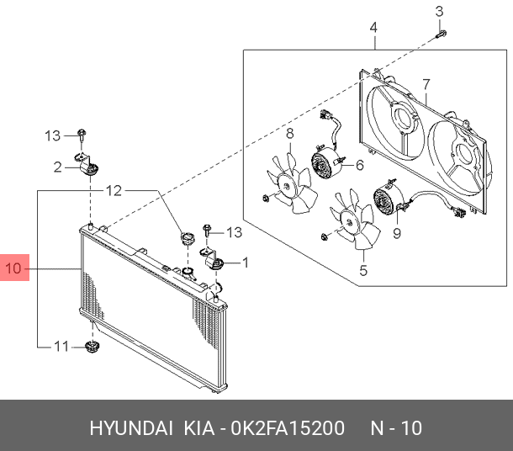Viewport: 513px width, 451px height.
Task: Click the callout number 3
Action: pos(438,11)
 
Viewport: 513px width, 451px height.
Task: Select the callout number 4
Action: pos(373,28)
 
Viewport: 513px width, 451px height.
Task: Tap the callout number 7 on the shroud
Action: pos(426,85)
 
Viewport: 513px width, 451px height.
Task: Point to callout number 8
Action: pos(288,133)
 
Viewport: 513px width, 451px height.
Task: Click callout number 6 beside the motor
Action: pos(359,165)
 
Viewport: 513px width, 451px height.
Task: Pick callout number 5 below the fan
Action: pos(363,270)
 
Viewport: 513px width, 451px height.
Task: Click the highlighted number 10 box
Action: pos(15,269)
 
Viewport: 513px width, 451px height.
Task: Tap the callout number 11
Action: pos(60,346)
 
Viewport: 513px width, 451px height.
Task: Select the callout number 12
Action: pos(113,191)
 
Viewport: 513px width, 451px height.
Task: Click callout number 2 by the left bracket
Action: pos(58,167)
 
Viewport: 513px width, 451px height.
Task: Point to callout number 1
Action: pos(246,263)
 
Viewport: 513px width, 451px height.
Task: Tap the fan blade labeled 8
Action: pos(288,183)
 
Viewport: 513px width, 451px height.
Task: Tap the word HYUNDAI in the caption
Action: pos(130,428)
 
